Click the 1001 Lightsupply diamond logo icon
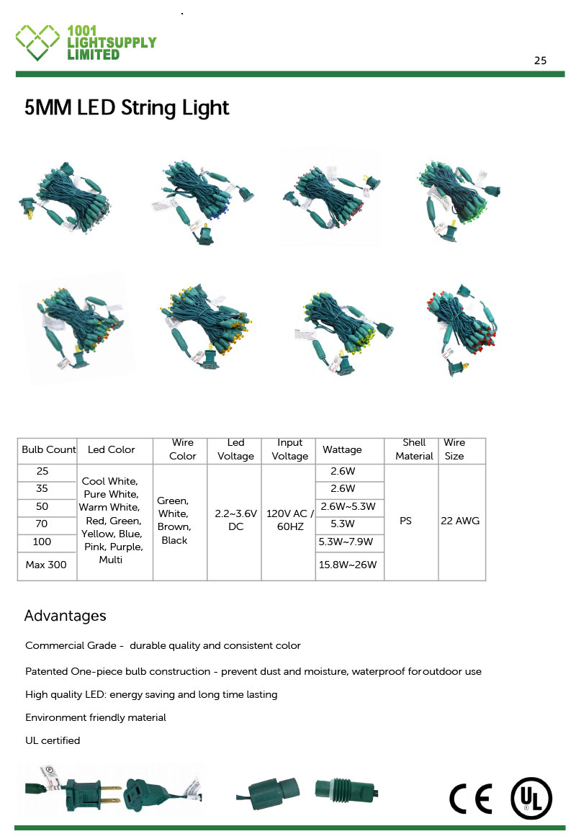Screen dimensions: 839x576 click(x=37, y=42)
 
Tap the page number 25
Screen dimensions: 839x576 click(x=540, y=60)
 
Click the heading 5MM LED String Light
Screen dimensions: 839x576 click(x=127, y=108)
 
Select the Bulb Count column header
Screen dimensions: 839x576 click(x=48, y=450)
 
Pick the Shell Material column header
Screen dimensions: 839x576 click(x=414, y=449)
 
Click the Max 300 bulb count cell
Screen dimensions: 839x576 click(x=46, y=565)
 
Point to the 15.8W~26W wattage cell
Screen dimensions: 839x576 click(x=348, y=565)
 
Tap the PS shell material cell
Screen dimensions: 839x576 click(x=405, y=521)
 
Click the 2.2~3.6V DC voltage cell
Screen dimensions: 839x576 click(x=235, y=521)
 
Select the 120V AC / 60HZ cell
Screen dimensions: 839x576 click(x=289, y=521)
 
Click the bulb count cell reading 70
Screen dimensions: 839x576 click(x=42, y=524)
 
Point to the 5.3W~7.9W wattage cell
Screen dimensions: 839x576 click(x=348, y=541)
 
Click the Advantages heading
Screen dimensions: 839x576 click(x=65, y=616)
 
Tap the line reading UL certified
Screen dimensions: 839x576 click(x=53, y=740)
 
